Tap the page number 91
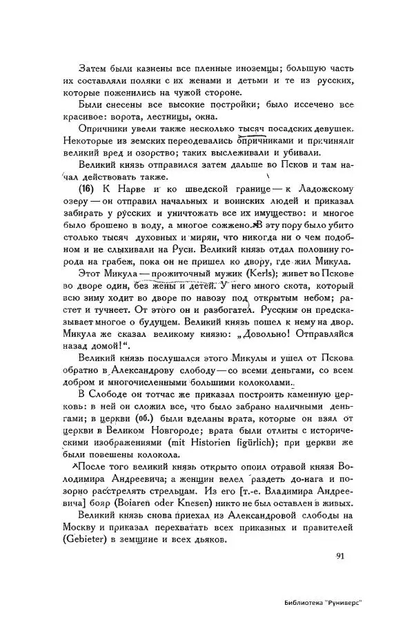(x=341, y=557)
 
